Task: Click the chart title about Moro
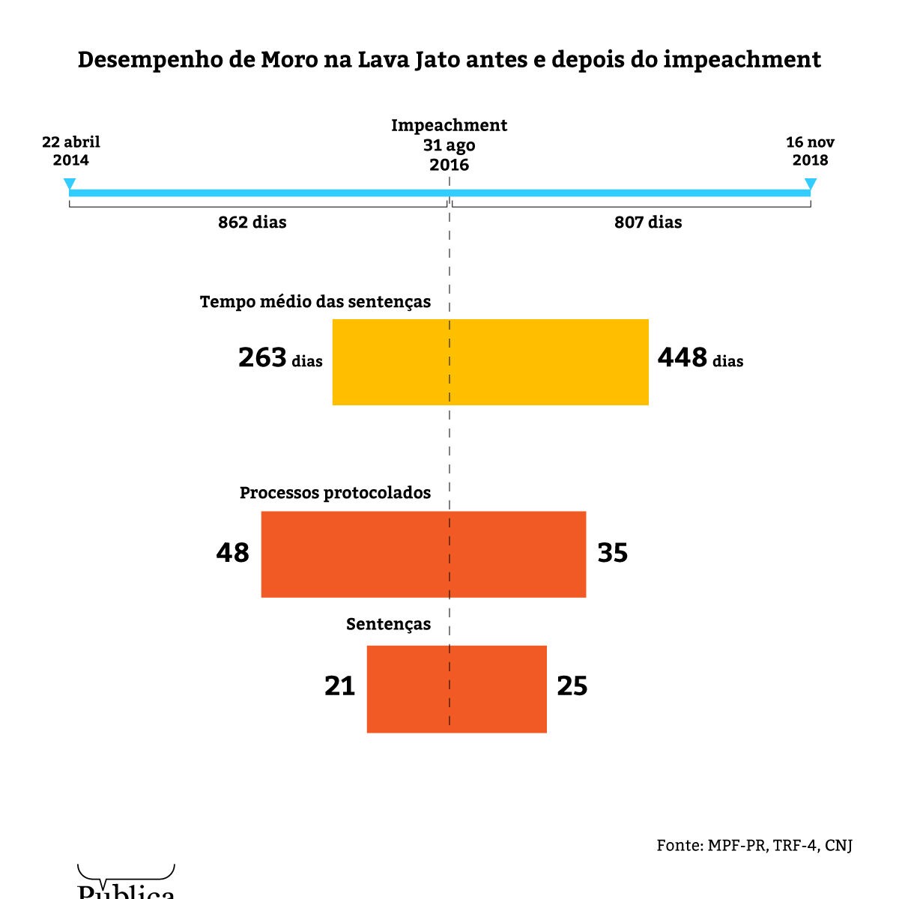449,60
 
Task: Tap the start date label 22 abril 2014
70,151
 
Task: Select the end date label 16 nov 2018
810,151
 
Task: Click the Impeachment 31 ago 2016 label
449,145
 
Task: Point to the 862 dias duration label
252,223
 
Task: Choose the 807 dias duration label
648,223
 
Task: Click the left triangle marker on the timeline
70,184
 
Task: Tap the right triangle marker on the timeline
810,184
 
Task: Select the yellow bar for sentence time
490,362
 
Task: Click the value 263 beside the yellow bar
263,358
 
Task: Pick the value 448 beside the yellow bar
682,358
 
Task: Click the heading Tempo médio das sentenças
315,302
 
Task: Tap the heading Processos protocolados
335,493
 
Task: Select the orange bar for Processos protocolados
423,554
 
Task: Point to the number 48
232,554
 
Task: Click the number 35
613,554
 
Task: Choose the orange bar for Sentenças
456,688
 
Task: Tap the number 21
339,686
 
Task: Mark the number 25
572,686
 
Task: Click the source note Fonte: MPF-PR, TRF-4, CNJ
754,845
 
